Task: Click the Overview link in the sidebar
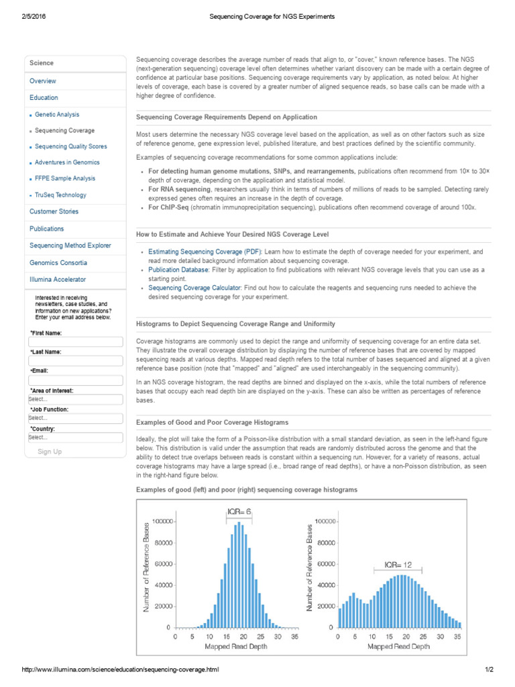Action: pos(43,81)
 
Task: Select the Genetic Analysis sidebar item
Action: pos(57,115)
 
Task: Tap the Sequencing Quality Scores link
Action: pos(70,146)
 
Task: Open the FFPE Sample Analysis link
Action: pos(65,178)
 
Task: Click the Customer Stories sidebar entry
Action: pos(54,211)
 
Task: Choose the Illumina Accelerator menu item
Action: pos(58,279)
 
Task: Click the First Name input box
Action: pos(75,342)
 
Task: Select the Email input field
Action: pos(75,380)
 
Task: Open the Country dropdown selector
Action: pos(75,438)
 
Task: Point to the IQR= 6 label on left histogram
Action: pos(239,512)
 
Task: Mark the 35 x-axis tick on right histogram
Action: pos(458,637)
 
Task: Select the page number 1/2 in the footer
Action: pos(490,670)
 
